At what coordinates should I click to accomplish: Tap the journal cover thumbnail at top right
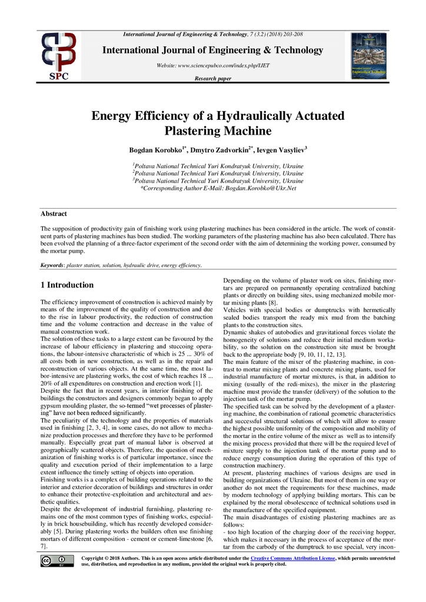click(x=368, y=56)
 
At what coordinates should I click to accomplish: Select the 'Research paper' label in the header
click(x=212, y=79)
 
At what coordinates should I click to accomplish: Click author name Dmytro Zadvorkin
click(x=227, y=151)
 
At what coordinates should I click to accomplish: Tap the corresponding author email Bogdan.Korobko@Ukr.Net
click(x=254, y=188)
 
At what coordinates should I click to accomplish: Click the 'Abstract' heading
click(x=54, y=214)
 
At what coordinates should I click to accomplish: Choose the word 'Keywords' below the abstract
click(x=52, y=265)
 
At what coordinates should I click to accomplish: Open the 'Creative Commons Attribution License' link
click(x=292, y=557)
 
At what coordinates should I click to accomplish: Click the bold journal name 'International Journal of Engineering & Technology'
click(x=212, y=51)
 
